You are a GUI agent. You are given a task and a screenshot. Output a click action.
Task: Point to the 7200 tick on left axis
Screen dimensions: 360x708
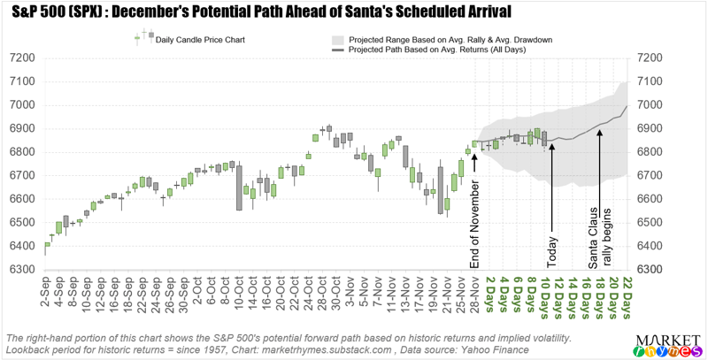pos(20,58)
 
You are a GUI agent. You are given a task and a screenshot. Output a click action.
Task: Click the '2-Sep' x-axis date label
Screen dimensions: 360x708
pos(45,291)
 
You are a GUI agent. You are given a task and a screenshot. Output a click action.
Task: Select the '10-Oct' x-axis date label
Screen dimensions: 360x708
pos(239,291)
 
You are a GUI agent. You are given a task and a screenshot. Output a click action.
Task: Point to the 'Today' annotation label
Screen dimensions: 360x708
pos(552,250)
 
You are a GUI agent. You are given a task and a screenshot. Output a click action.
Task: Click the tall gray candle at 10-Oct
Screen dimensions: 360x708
pos(239,187)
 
